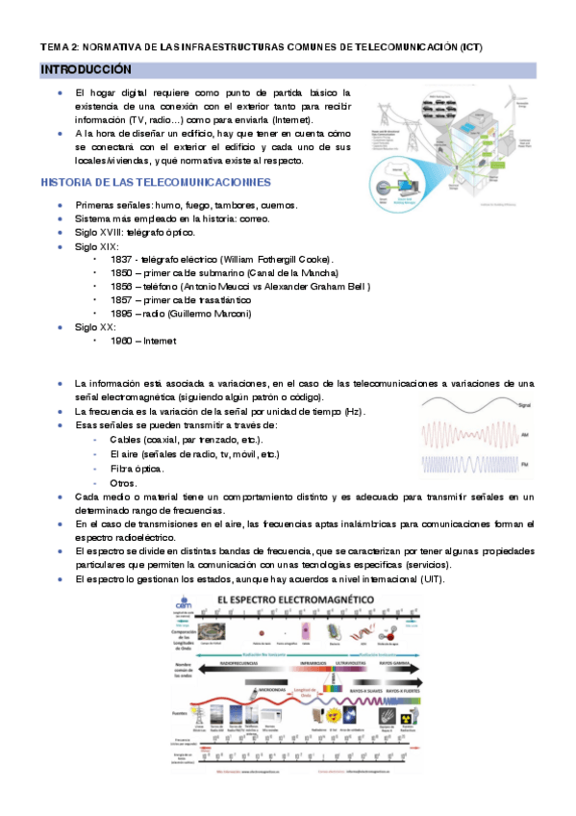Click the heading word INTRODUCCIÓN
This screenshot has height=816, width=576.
85,70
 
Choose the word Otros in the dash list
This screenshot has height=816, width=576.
124,482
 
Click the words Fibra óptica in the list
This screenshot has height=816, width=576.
137,468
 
